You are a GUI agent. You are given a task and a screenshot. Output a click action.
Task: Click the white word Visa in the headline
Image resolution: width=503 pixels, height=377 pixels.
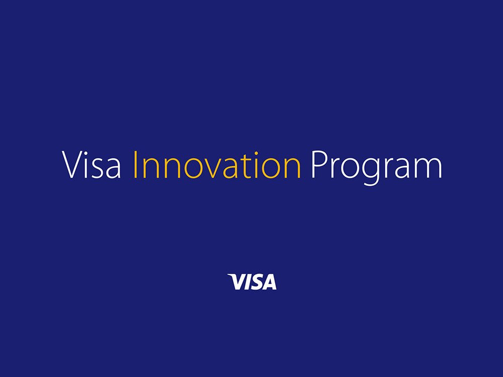[92, 164]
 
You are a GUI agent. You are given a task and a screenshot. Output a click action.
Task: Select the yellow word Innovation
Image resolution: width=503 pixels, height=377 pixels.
[217, 164]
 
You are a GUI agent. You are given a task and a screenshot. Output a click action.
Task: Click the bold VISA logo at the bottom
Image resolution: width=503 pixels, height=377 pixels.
[252, 282]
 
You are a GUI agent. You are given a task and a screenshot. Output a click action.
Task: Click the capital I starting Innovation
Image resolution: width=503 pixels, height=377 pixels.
[135, 165]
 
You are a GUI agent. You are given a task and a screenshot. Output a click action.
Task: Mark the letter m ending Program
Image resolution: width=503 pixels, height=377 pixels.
[429, 168]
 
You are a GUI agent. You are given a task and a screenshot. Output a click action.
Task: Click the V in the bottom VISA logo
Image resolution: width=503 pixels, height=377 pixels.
[237, 282]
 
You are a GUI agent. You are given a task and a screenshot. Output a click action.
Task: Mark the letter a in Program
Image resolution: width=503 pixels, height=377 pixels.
[402, 168]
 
